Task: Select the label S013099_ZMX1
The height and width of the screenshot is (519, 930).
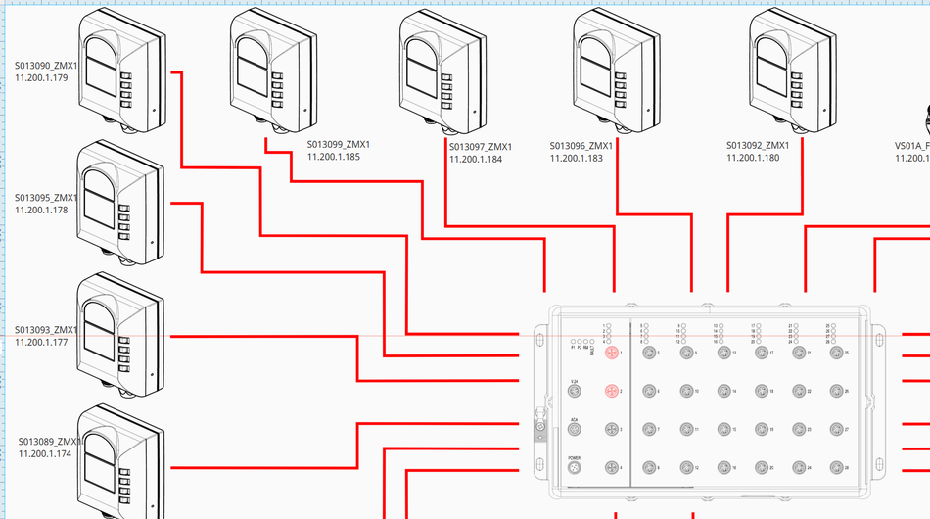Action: (x=339, y=144)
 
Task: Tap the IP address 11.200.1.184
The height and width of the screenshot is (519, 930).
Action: (x=476, y=159)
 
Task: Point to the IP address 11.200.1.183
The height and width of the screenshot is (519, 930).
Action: (x=577, y=158)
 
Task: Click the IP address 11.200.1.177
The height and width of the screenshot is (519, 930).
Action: (x=41, y=342)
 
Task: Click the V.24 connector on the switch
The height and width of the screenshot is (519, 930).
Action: (x=575, y=391)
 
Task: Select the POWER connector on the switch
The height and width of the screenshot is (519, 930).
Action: (x=575, y=469)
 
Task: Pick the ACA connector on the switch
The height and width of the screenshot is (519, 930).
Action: (x=575, y=430)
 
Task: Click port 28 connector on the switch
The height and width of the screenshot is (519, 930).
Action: (x=835, y=468)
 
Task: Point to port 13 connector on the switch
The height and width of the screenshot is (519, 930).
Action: (x=723, y=353)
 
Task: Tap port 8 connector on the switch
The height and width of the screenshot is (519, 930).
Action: (x=648, y=468)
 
